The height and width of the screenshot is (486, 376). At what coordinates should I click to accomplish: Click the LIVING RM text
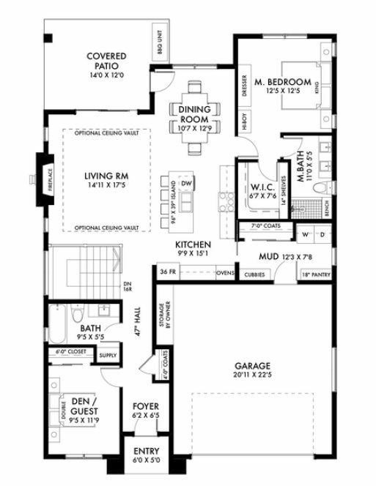coord(106,176)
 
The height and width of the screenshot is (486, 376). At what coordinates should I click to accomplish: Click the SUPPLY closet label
coord(107,355)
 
